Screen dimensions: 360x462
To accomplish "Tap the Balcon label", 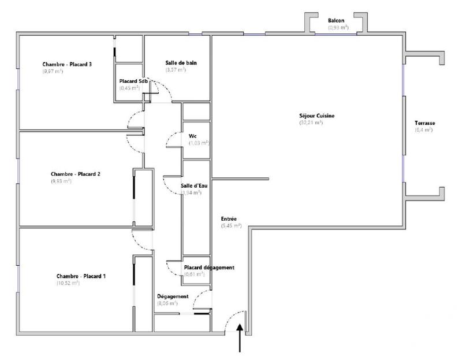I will (337, 20).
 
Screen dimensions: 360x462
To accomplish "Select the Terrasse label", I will (424, 124).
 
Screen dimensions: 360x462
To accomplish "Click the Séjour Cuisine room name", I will (313, 116).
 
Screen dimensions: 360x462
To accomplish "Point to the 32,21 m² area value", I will (311, 123).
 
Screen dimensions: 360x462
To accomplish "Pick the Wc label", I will (192, 136).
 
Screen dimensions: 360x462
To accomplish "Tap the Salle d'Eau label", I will (195, 185).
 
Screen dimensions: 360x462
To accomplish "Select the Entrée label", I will (229, 219).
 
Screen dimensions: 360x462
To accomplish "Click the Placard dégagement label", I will (209, 268).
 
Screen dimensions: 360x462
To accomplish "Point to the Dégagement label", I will (173, 296).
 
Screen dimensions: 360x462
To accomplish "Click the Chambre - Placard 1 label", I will (81, 276).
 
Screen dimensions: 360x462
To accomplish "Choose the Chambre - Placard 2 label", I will (76, 174).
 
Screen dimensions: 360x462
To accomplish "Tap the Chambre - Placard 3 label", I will (67, 64).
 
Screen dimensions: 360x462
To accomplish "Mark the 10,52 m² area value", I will (68, 283).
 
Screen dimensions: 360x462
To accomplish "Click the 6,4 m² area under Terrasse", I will (423, 131).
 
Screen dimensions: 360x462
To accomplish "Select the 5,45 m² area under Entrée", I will (231, 226).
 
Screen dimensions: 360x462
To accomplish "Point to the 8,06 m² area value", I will (167, 303).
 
